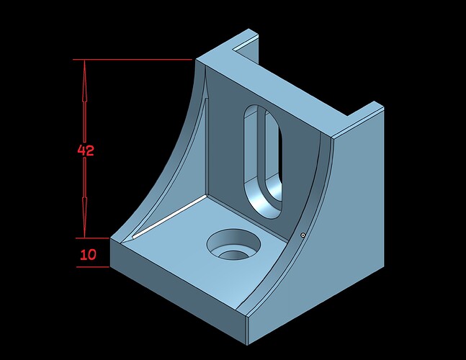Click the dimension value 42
tap(86, 150)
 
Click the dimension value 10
tap(89, 255)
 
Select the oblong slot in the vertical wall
tap(263, 161)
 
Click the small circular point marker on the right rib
tap(303, 235)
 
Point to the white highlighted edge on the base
tap(170, 217)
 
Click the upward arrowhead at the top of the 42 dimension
tap(84, 81)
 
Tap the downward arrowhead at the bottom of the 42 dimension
tap(84, 217)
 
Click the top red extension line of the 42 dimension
tap(133, 60)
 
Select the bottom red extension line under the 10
tap(93, 266)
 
